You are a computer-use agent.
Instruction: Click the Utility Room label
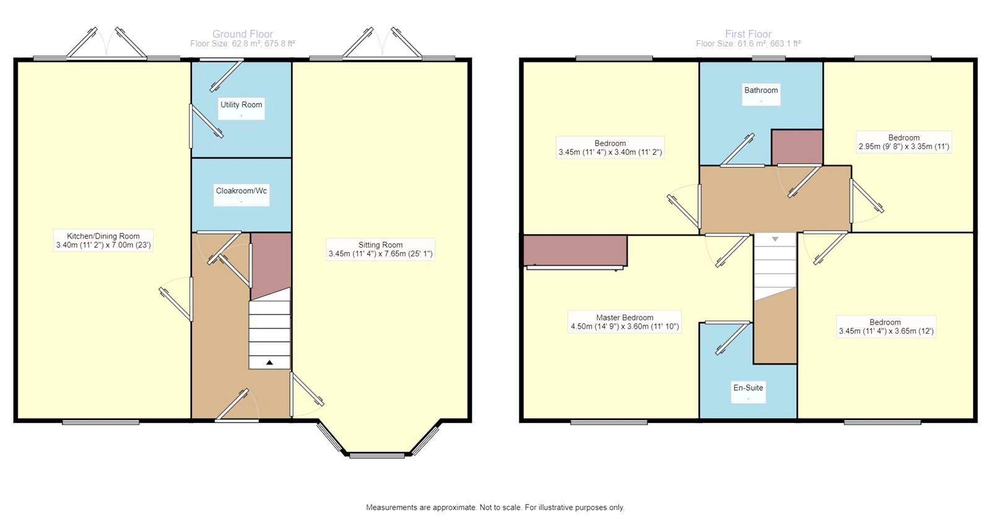pos(242,105)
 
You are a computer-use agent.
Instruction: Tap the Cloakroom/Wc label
pos(242,191)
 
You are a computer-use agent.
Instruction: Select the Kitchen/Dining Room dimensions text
pos(103,245)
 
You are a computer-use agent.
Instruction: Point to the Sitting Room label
pos(380,245)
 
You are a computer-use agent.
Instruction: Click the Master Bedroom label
pos(624,317)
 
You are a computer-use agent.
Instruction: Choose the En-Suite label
pos(748,388)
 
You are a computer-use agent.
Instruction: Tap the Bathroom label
pos(761,90)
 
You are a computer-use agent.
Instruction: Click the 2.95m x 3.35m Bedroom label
pos(904,137)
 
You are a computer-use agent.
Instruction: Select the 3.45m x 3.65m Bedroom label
pos(885,322)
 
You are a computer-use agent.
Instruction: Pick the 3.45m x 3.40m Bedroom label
pos(610,143)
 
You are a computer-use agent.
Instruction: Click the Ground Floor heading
pos(243,34)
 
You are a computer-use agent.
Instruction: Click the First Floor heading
pos(748,34)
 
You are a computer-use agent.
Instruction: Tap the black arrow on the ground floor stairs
pos(269,362)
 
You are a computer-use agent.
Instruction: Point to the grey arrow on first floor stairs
pos(775,239)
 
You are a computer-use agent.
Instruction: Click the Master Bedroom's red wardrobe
pos(575,250)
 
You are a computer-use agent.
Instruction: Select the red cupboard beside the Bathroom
pos(797,147)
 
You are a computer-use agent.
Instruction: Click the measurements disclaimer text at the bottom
pos(495,507)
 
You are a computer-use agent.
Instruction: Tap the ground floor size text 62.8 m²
pos(243,44)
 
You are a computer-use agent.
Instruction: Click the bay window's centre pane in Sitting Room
pos(377,456)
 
